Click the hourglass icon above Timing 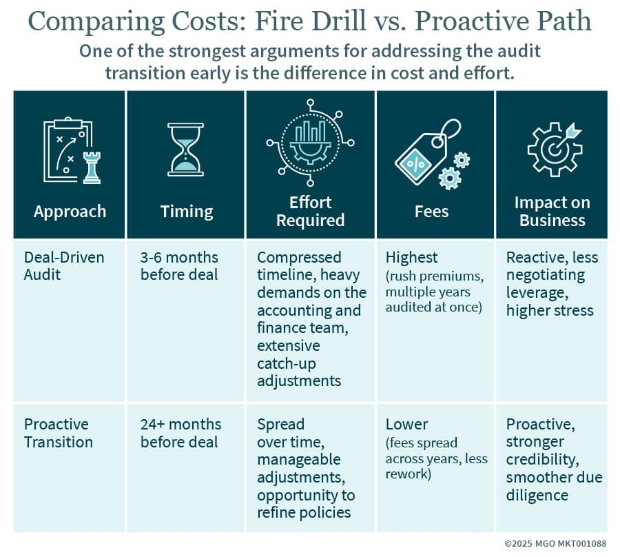[185, 150]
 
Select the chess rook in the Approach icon [91, 166]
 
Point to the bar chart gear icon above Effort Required [310, 143]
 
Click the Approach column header [70, 211]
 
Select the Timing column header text [187, 211]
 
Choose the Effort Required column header [311, 211]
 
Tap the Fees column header [432, 211]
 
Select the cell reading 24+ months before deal [180, 433]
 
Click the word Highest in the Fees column [411, 258]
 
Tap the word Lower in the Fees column [407, 424]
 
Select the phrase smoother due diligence [554, 486]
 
